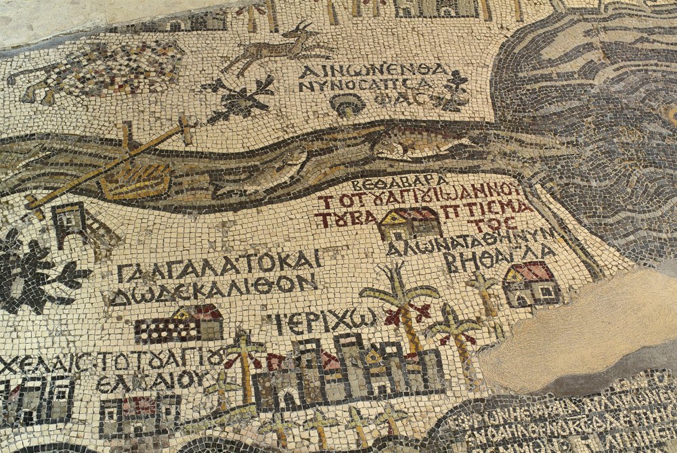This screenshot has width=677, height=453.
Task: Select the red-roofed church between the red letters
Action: coord(410,224)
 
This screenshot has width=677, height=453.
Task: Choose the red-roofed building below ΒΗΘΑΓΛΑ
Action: coord(532,284)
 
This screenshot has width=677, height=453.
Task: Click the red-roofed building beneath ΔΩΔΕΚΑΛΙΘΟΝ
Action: coord(179,324)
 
